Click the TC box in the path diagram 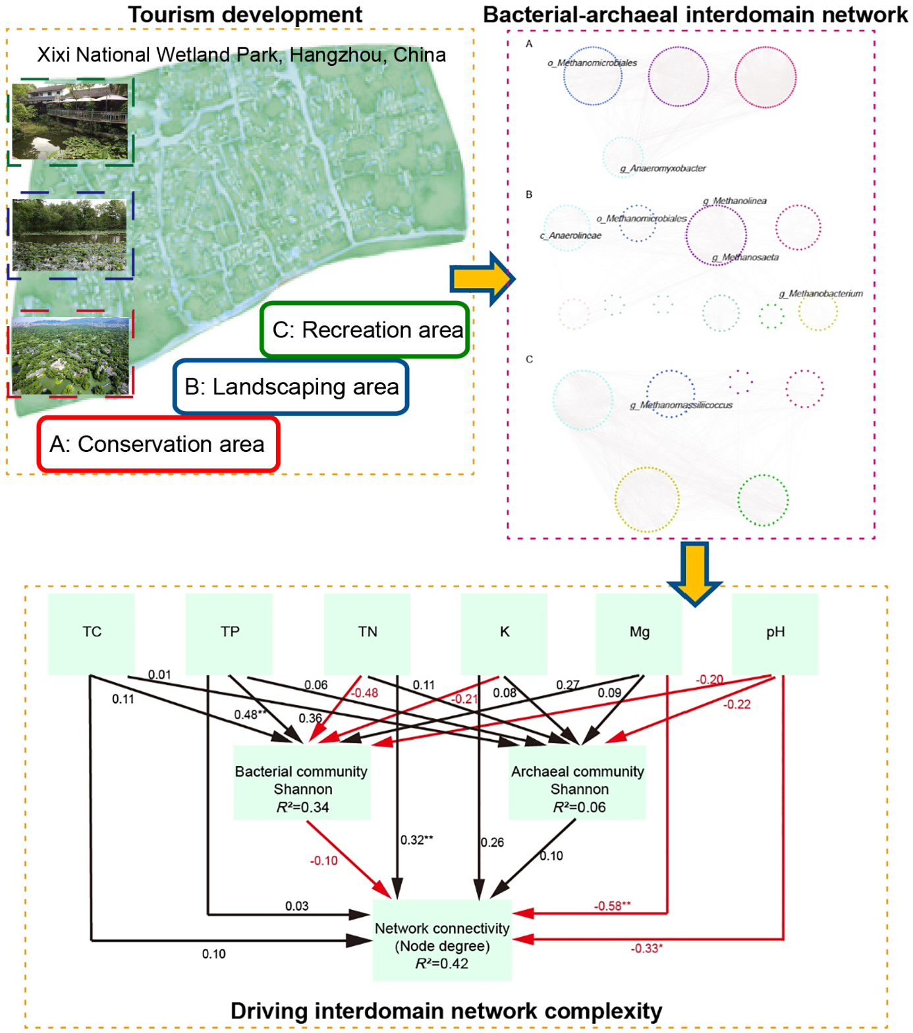coord(92,633)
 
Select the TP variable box coord(229,633)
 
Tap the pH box coord(775,633)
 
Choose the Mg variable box coord(639,633)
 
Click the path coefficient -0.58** coord(612,906)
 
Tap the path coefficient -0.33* coord(646,948)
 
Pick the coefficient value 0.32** coord(417,840)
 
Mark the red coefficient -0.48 coord(364,693)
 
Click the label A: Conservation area coord(157,444)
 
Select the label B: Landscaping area coord(291,387)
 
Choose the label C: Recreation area coord(367,329)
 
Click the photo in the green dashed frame coord(70,121)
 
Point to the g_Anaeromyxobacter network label coord(663,169)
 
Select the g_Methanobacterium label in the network coord(821,294)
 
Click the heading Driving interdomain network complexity coord(446,1011)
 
